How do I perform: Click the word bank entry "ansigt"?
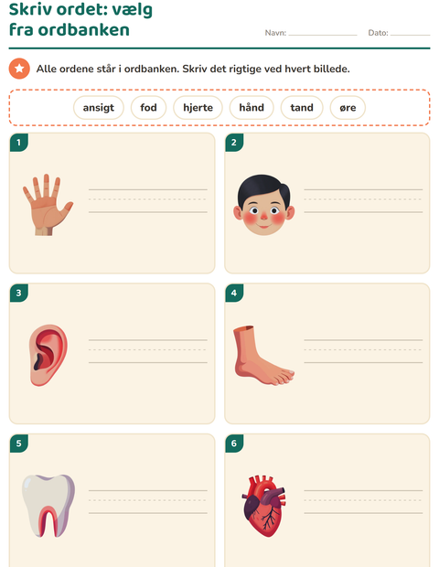(99, 107)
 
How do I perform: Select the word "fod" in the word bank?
(148, 107)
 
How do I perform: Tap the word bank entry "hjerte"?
(198, 107)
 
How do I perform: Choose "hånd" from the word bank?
(252, 107)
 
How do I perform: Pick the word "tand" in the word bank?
(302, 107)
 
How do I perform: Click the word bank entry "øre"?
(348, 107)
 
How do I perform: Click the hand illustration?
(48, 205)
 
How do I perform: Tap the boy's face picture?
(263, 205)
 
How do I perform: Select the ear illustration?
(48, 355)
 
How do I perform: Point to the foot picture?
(263, 355)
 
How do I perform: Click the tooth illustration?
(48, 506)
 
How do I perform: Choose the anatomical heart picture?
(263, 506)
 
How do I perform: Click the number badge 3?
(19, 293)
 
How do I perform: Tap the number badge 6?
(234, 444)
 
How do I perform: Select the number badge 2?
(234, 143)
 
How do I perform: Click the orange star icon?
(19, 69)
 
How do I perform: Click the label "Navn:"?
(275, 33)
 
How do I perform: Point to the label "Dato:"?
(378, 33)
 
